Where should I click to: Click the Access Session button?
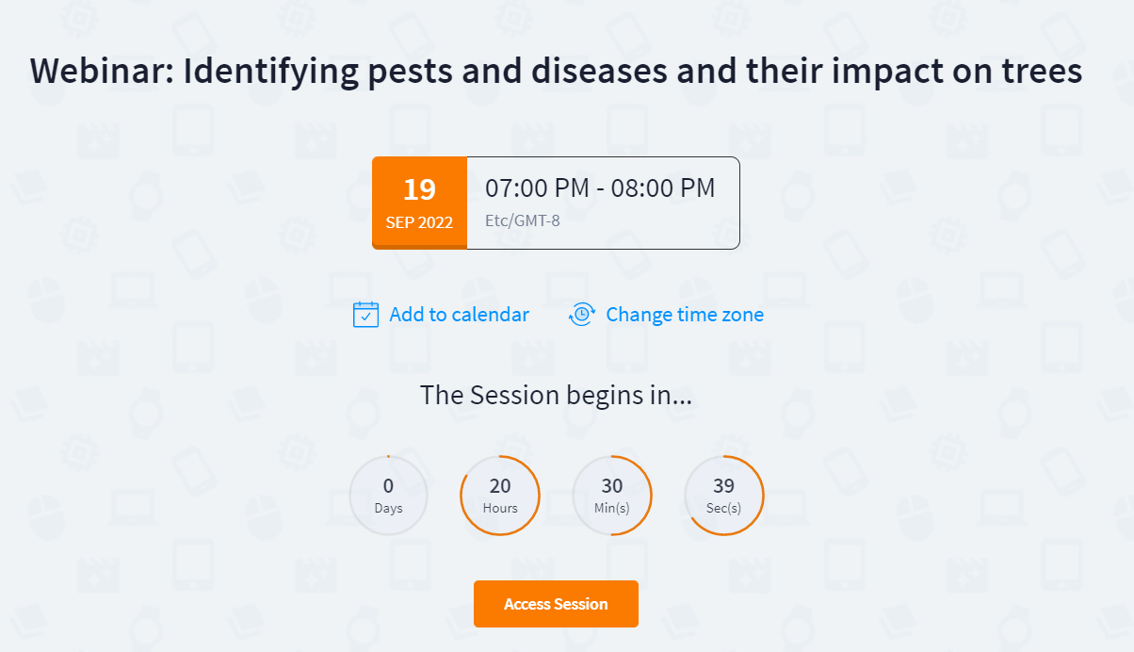(x=556, y=604)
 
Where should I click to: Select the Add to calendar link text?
(x=460, y=315)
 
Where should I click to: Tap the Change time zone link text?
(x=685, y=315)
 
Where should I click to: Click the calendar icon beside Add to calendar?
(x=365, y=315)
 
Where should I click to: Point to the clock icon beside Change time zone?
(x=582, y=315)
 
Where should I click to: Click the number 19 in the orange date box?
(x=420, y=189)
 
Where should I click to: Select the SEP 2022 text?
(x=419, y=222)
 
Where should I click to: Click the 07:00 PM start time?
(x=537, y=187)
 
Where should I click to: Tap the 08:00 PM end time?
(x=663, y=187)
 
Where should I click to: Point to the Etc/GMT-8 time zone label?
(x=523, y=220)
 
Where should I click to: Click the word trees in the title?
(x=1043, y=72)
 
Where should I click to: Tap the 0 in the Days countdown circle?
(x=388, y=486)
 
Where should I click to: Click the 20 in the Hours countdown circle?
(x=500, y=486)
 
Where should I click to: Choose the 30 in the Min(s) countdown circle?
(x=612, y=486)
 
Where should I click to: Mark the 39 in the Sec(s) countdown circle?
(x=724, y=486)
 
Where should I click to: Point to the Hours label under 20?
(x=500, y=508)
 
